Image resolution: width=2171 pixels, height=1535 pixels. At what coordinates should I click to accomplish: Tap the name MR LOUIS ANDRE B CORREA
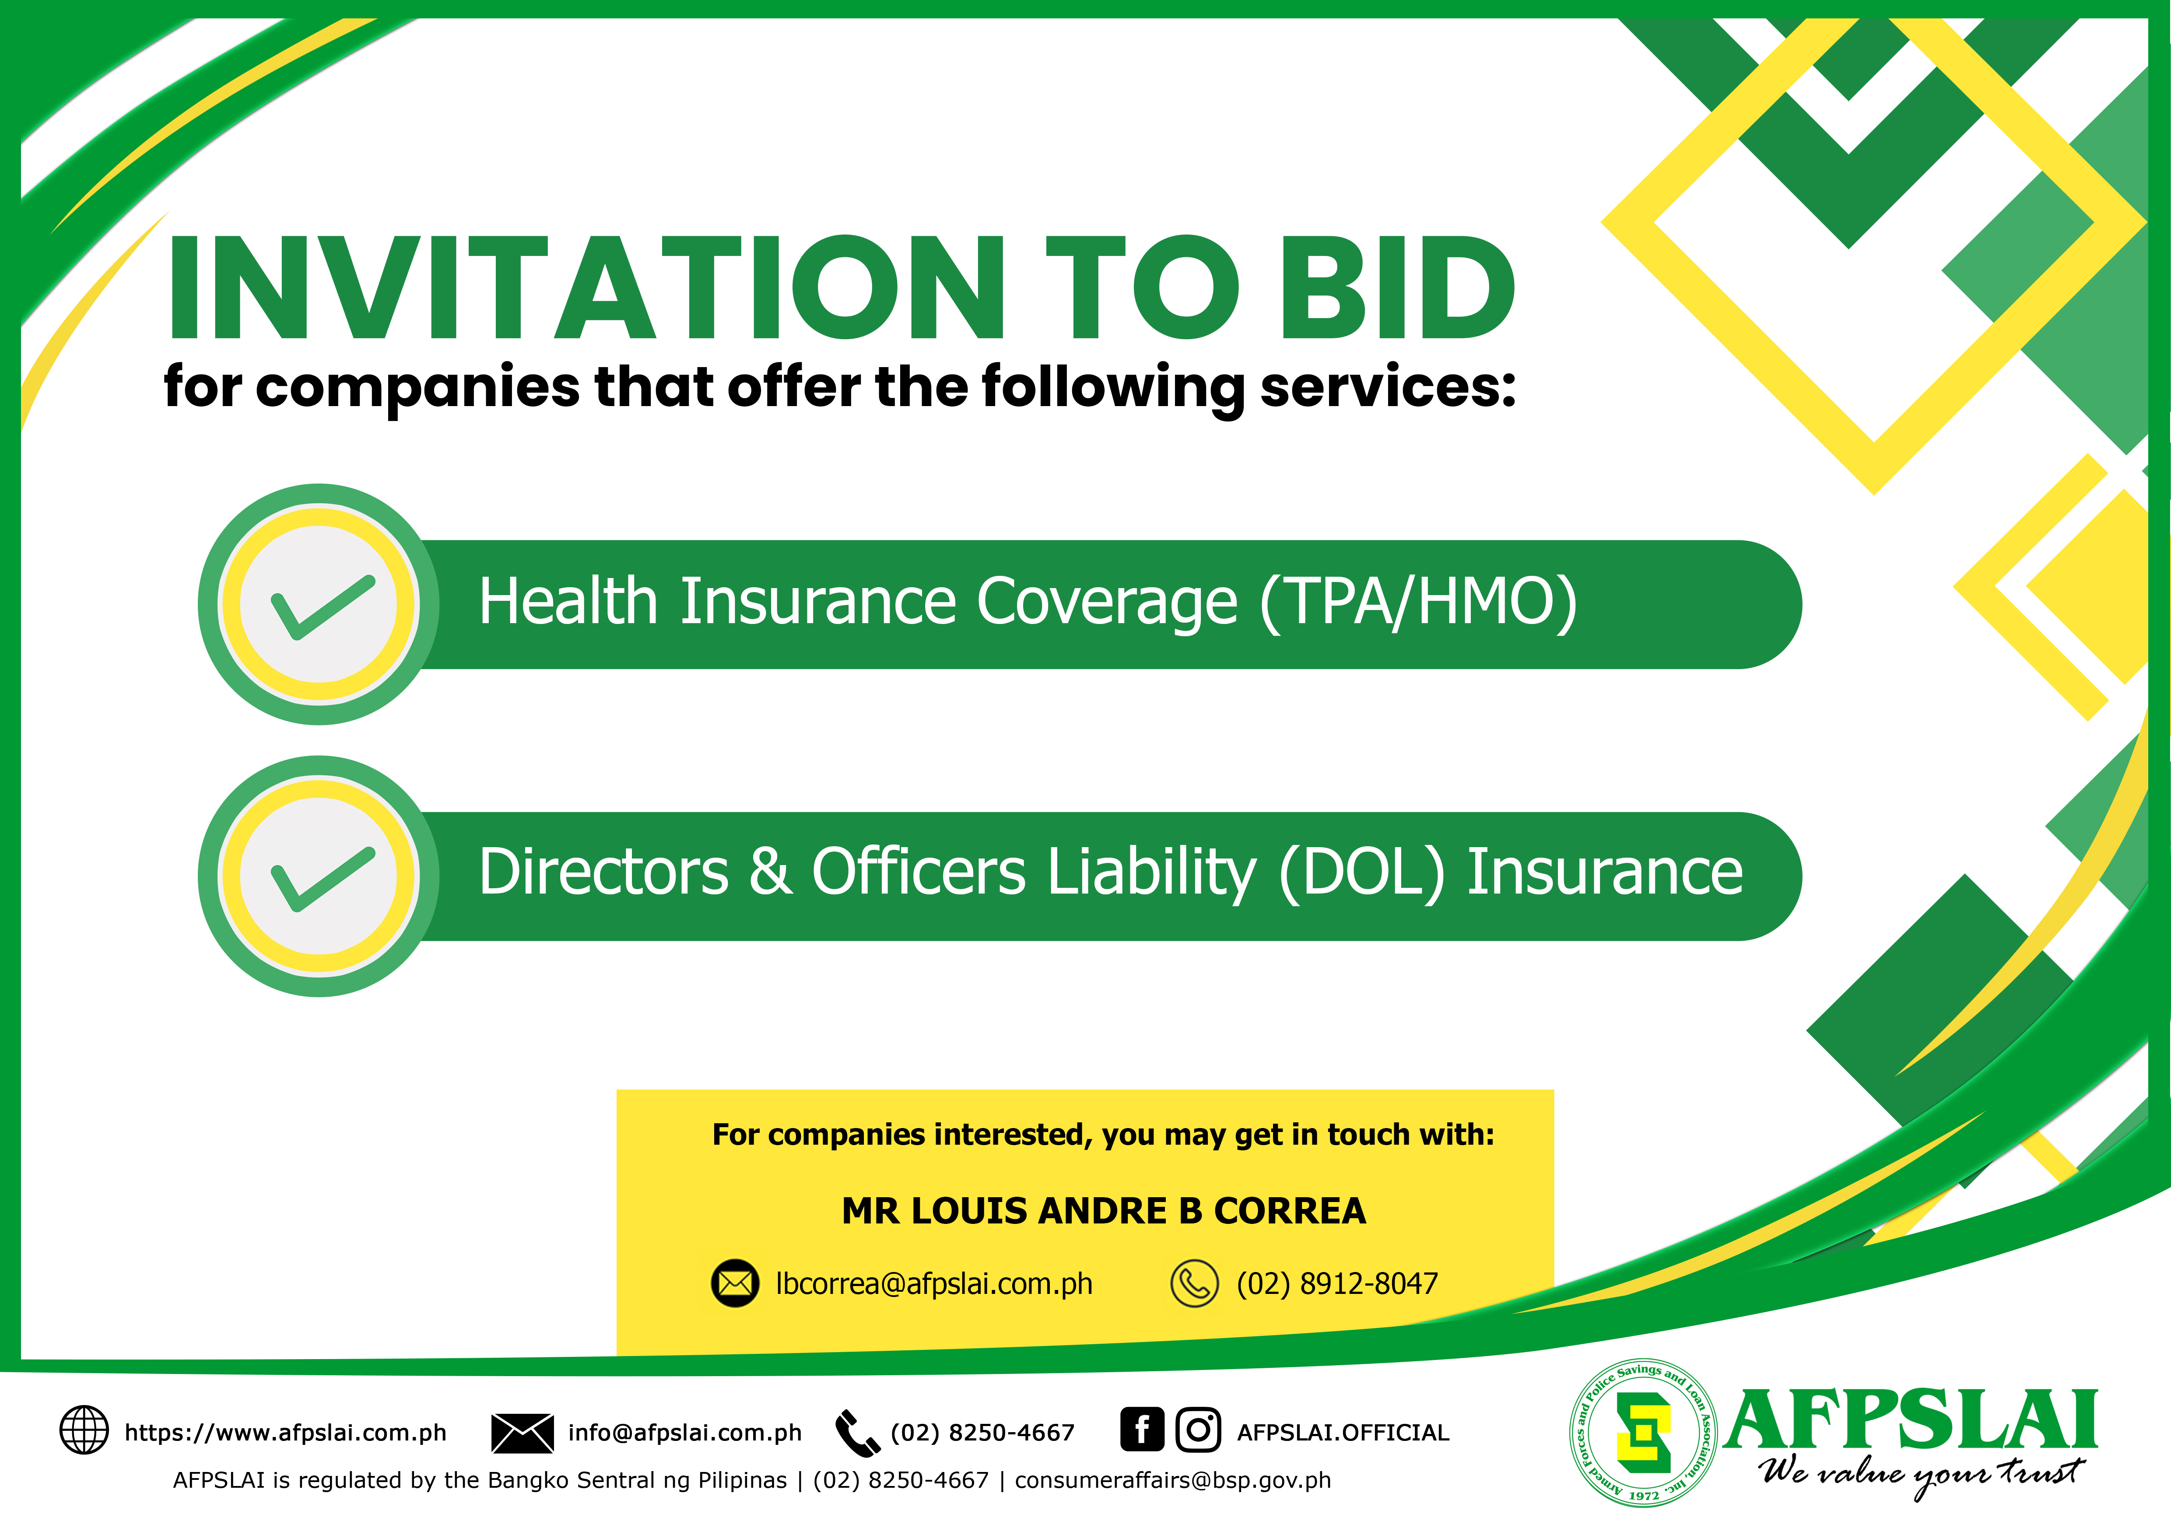[x=1104, y=1211]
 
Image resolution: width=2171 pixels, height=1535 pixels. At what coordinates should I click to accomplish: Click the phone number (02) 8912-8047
[x=1337, y=1283]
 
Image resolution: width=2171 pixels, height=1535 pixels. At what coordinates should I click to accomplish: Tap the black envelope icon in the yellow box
[x=735, y=1283]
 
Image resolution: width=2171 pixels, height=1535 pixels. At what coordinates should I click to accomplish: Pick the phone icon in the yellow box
[x=1194, y=1283]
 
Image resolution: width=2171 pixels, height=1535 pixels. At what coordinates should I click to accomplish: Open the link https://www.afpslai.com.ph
[x=286, y=1433]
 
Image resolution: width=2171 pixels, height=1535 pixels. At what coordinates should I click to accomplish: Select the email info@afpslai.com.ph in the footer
[x=684, y=1433]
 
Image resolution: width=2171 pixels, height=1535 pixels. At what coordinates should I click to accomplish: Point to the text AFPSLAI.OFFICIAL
[x=1343, y=1433]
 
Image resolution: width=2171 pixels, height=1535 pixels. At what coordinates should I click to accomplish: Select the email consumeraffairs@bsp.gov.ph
[x=1172, y=1480]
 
